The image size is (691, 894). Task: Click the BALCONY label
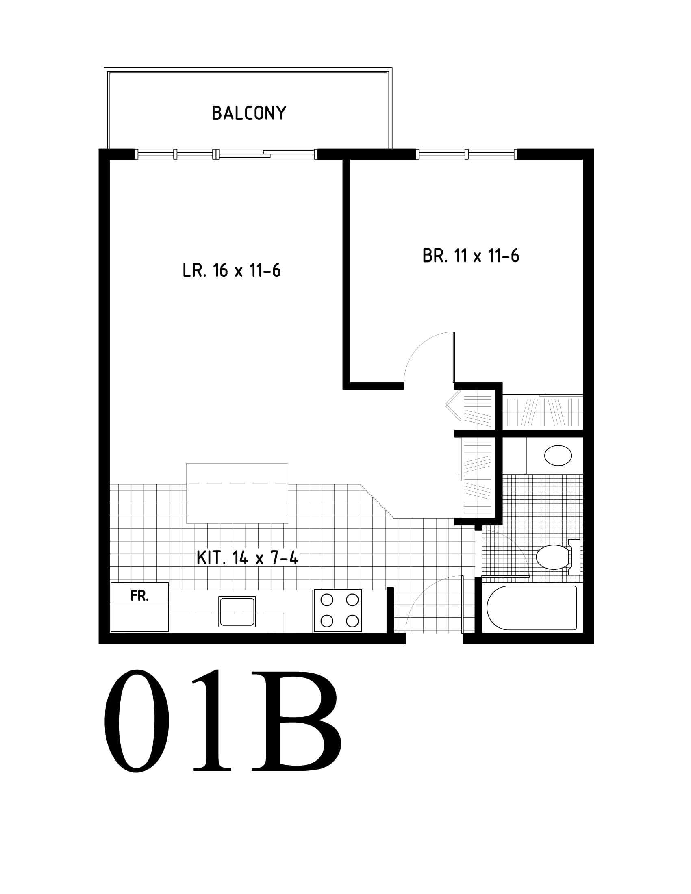(249, 113)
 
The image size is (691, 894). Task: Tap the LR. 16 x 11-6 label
(232, 271)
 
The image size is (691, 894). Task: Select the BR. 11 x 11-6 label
(471, 256)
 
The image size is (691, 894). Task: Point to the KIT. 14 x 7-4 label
(248, 558)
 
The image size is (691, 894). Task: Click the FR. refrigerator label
(139, 596)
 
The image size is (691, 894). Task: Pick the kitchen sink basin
(237, 612)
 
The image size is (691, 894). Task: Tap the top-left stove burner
(327, 600)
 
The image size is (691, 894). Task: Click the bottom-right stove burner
(352, 621)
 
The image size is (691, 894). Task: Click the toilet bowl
(552, 557)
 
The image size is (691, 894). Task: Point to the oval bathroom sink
(558, 456)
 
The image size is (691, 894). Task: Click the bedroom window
(467, 154)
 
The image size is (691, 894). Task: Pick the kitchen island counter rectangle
(237, 493)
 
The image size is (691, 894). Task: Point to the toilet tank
(574, 557)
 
